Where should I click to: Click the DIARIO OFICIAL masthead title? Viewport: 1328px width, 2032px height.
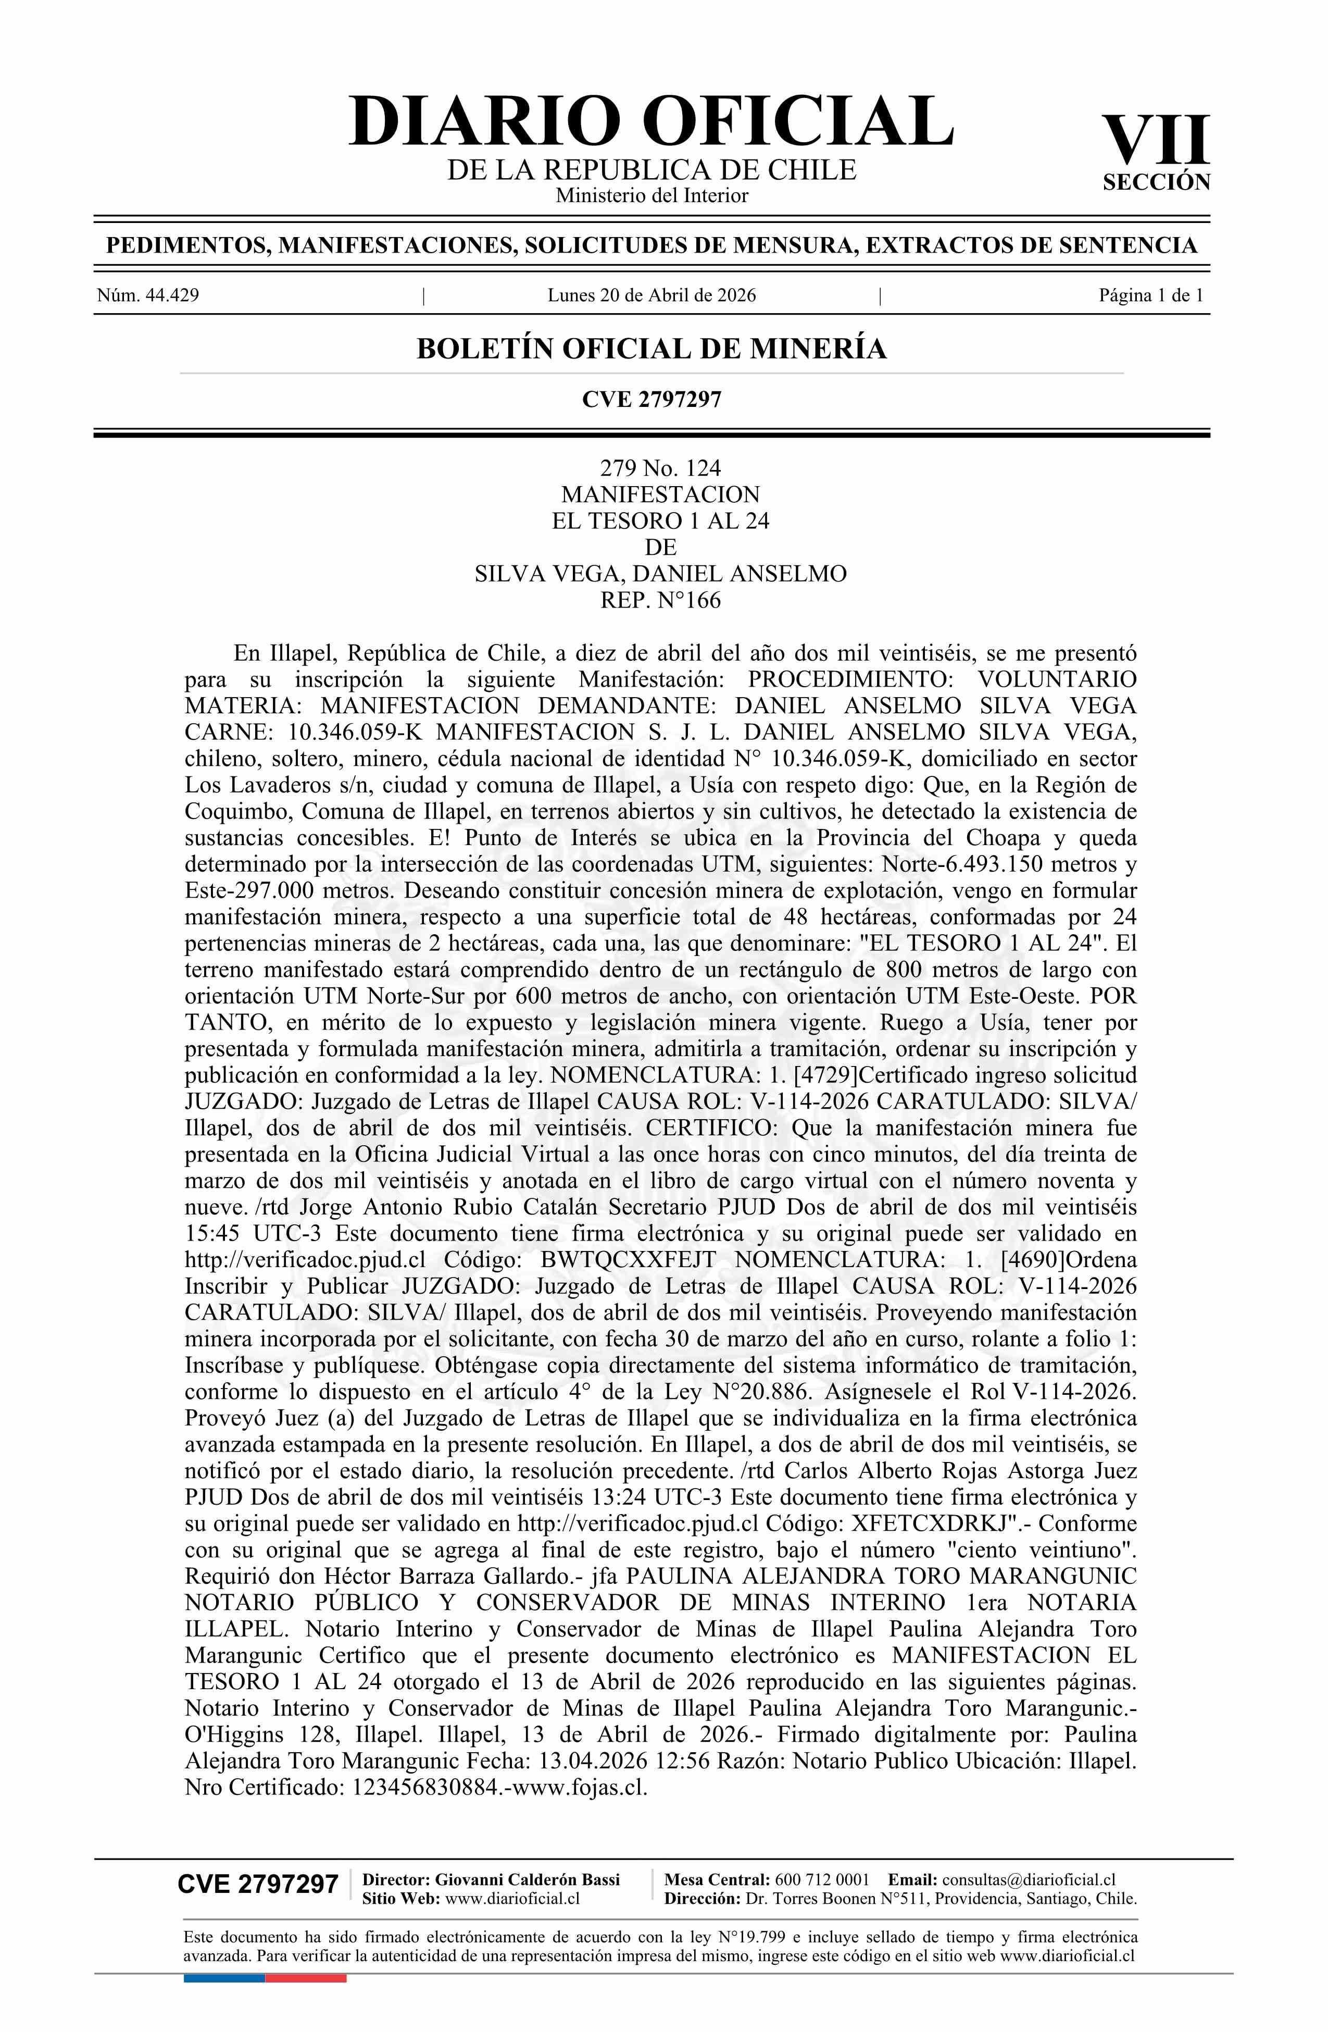coord(650,121)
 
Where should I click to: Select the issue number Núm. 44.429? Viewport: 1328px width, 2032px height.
coord(148,296)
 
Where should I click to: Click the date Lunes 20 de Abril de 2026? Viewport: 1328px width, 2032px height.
coord(651,296)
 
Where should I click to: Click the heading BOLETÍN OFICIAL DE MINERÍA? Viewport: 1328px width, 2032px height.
coord(651,349)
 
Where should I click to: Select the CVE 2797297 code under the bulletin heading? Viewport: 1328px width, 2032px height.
coord(651,399)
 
